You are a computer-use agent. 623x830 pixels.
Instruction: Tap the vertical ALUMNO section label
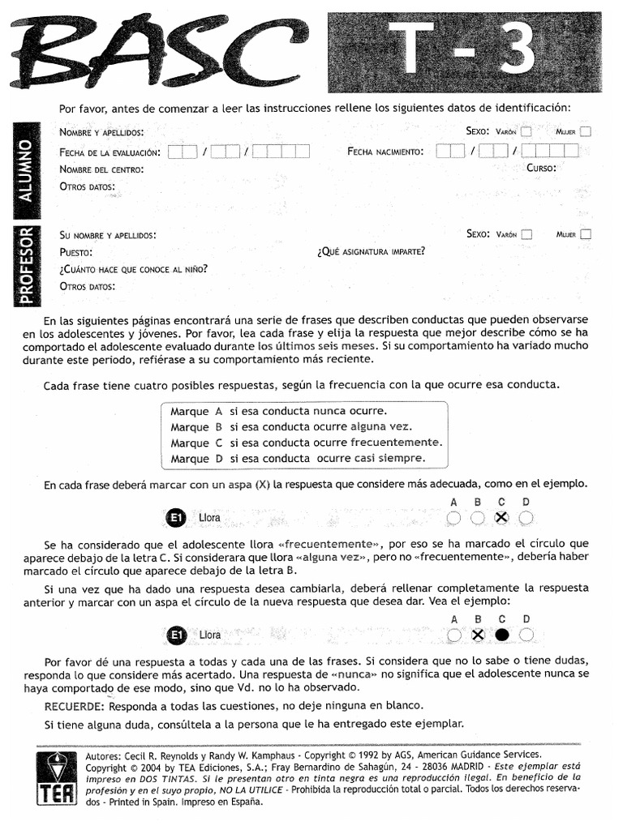(x=26, y=169)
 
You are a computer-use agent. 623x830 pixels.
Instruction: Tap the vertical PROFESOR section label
(x=26, y=265)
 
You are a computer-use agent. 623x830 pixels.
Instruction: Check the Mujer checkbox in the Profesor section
(x=586, y=234)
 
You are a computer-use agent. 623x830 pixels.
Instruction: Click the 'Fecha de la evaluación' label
(x=110, y=152)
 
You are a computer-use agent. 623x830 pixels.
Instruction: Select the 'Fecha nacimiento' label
(x=385, y=152)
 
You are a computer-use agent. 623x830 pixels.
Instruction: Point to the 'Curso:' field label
(x=541, y=169)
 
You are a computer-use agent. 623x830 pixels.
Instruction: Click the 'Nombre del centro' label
(x=101, y=169)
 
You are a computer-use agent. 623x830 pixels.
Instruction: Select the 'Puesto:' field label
(x=76, y=252)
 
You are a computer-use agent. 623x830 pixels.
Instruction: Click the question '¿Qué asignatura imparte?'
(x=371, y=251)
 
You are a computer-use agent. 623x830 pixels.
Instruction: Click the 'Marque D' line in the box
(x=298, y=459)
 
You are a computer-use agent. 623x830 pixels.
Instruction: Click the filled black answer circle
(x=502, y=635)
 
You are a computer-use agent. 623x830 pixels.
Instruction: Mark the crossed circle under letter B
(x=478, y=635)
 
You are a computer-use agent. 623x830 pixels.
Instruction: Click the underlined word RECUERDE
(x=74, y=706)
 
